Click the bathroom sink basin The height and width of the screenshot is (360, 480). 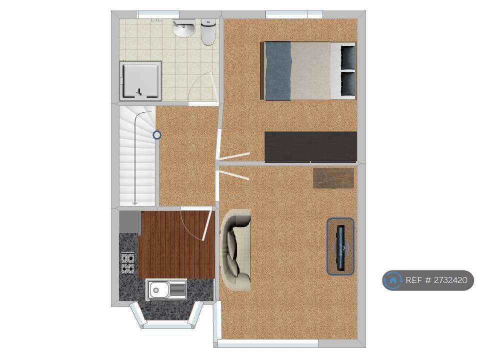tap(183, 28)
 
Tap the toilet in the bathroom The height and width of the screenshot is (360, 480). tap(208, 32)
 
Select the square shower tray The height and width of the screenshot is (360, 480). tap(140, 81)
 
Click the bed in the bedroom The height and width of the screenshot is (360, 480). tap(307, 70)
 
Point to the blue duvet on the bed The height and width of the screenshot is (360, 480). tap(278, 71)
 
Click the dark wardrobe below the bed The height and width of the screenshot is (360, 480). tap(310, 147)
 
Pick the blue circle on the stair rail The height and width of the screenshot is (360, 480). tap(157, 134)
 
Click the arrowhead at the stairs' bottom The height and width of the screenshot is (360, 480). tap(134, 202)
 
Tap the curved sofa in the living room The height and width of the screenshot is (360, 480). tap(235, 250)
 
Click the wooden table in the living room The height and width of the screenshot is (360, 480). tap(333, 178)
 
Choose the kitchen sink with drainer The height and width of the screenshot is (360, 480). tap(167, 289)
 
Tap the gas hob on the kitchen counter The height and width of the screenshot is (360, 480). tap(127, 263)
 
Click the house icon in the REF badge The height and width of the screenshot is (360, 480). tap(393, 280)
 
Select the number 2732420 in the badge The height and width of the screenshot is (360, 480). tap(450, 280)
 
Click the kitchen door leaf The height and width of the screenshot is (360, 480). tap(207, 224)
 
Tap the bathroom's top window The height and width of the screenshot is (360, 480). tap(158, 14)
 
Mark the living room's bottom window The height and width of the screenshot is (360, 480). tap(268, 344)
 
